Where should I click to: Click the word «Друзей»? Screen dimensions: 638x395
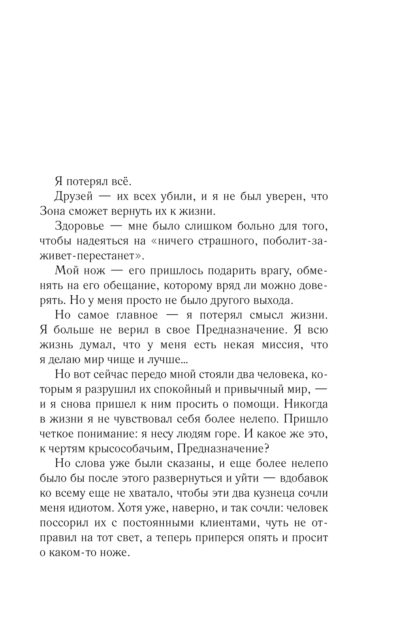73,196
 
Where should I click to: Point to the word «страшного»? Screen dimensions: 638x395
221,241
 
